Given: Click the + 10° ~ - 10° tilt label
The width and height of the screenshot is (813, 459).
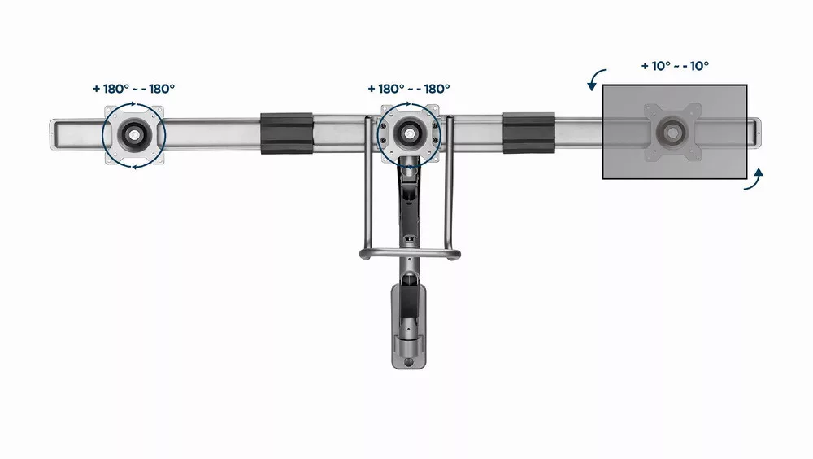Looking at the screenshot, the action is click(675, 66).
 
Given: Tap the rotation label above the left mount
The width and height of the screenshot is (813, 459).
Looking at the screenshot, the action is click(134, 89).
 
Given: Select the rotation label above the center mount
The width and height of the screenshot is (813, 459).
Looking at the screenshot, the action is click(409, 89).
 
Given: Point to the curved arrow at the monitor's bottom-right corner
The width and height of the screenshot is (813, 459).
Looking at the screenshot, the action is click(756, 180).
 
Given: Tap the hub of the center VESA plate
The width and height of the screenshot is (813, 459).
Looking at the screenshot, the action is click(410, 133).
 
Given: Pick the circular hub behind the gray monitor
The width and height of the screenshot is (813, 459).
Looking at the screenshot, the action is click(672, 132).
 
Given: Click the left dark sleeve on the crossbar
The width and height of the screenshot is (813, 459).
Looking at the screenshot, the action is click(286, 133).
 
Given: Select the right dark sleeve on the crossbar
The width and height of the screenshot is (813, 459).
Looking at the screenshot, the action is click(528, 133).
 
